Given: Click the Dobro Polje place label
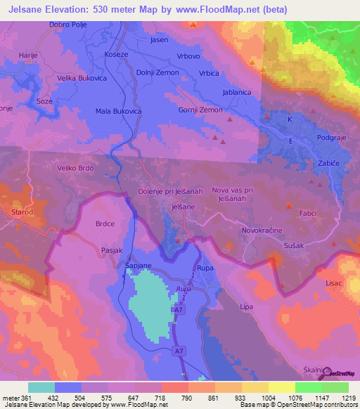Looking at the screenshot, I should point(67,25).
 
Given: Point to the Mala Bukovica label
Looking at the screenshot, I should point(119,111).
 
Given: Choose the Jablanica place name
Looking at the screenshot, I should point(236,91).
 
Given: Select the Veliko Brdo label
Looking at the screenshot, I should point(75,169).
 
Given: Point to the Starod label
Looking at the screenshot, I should point(22,211).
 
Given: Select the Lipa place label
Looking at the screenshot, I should point(246,307).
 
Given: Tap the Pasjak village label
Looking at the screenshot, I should point(112,249).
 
